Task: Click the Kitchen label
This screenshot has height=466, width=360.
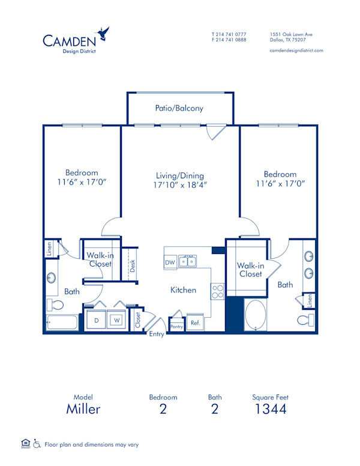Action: coord(183,290)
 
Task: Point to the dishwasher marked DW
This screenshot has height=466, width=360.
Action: coord(170,262)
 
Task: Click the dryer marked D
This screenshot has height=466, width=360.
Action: coord(96,320)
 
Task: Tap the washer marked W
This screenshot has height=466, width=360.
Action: coord(117,320)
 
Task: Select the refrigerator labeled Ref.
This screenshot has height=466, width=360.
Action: coord(195,322)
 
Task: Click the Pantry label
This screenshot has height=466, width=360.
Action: coord(176,326)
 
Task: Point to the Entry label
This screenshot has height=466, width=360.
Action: coord(157,334)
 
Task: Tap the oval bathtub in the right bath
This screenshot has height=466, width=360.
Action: coord(258,315)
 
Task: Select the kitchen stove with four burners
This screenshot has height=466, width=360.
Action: coord(217,292)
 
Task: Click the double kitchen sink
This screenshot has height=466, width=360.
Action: coord(188,261)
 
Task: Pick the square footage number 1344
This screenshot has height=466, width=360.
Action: coord(269,410)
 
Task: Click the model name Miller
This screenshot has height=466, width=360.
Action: coord(83,410)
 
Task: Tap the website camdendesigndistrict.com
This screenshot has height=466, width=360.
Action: coord(296,50)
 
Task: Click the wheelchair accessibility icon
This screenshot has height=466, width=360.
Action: coord(36,444)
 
